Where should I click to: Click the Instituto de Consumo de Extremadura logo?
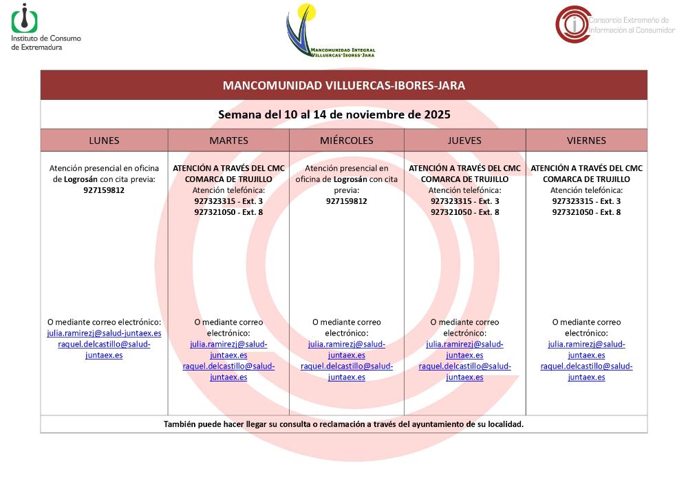tap(45, 27)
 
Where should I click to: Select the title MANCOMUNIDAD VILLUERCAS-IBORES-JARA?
tap(343, 85)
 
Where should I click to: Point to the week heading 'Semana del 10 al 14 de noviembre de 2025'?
tap(343, 114)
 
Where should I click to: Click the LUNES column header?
tap(104, 141)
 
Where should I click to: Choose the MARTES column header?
tap(228, 141)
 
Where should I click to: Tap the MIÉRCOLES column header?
tap(346, 141)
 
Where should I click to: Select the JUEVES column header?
tap(464, 141)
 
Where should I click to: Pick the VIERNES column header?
tap(586, 141)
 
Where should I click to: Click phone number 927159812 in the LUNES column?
tap(104, 190)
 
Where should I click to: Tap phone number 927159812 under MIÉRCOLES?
tap(346, 201)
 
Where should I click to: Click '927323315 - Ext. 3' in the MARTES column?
tap(228, 201)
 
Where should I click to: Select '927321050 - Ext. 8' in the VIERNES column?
tap(586, 212)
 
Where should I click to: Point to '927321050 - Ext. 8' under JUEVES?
tap(464, 212)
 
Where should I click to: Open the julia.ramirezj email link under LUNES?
tap(104, 333)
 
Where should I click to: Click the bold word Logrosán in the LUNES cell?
tap(80, 179)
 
